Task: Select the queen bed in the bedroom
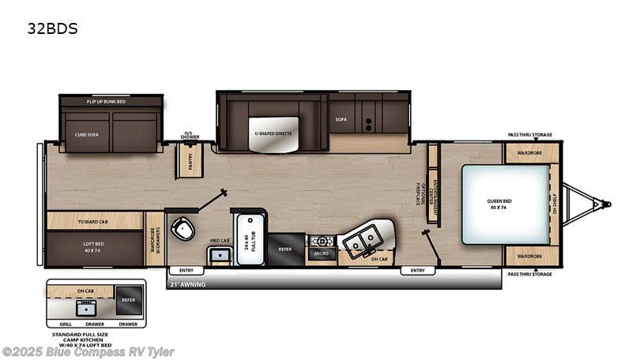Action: click(x=506, y=204)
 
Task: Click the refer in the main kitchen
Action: click(x=286, y=249)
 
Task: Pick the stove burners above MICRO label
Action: click(x=322, y=241)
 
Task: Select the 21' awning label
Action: click(x=188, y=283)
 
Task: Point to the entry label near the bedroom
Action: click(x=417, y=271)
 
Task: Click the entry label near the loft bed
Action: click(x=186, y=271)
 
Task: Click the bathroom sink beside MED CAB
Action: click(x=219, y=255)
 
